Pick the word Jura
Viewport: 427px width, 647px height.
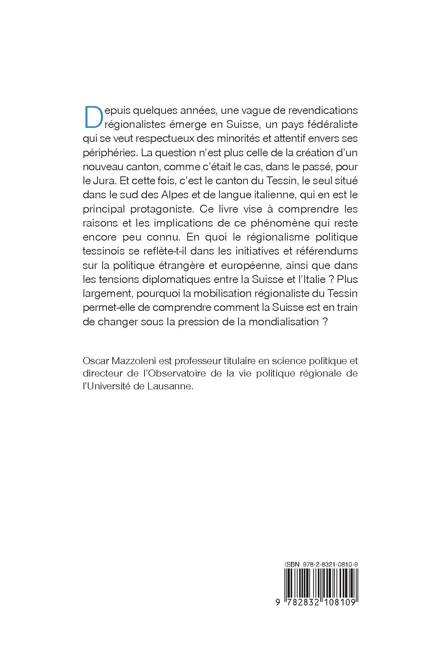click(x=102, y=181)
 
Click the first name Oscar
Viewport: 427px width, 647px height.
click(x=94, y=361)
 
